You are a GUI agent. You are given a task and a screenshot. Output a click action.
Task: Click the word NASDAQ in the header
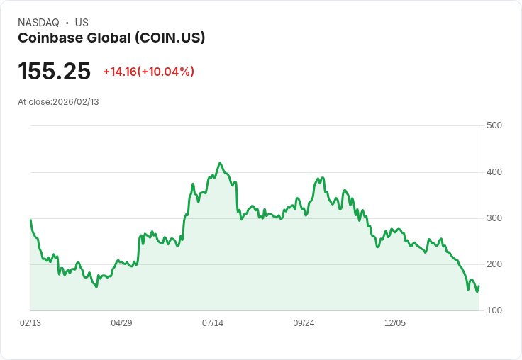click(38, 23)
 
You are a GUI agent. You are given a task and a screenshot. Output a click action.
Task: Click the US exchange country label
click(82, 23)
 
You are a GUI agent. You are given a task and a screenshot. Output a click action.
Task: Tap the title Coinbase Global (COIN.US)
click(111, 38)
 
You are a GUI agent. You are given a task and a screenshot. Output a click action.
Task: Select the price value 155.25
click(55, 72)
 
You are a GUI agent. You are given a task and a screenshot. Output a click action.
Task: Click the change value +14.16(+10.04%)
click(148, 72)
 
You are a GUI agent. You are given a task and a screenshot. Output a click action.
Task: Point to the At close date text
click(58, 102)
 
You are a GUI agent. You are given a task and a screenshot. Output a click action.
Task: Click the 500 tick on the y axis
click(494, 126)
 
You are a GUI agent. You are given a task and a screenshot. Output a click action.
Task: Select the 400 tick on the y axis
click(494, 172)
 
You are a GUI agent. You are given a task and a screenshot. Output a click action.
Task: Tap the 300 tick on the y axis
click(494, 218)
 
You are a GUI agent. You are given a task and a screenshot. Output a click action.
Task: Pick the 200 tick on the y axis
click(494, 264)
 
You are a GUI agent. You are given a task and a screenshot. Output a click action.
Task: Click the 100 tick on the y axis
click(494, 310)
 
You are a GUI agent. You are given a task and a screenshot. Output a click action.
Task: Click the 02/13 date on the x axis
click(30, 323)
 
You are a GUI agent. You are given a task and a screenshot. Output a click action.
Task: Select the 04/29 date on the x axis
click(121, 323)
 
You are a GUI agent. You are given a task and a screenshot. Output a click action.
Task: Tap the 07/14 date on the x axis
click(213, 323)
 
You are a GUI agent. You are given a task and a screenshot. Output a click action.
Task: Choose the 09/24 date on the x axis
click(304, 323)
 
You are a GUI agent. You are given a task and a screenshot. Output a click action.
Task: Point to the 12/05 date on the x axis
click(395, 323)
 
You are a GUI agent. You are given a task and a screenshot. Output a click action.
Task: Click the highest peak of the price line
click(220, 163)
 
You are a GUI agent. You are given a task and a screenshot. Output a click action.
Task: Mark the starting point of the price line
click(30, 220)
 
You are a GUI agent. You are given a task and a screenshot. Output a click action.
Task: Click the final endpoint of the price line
click(479, 286)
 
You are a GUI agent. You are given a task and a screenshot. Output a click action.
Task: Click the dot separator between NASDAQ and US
click(67, 23)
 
